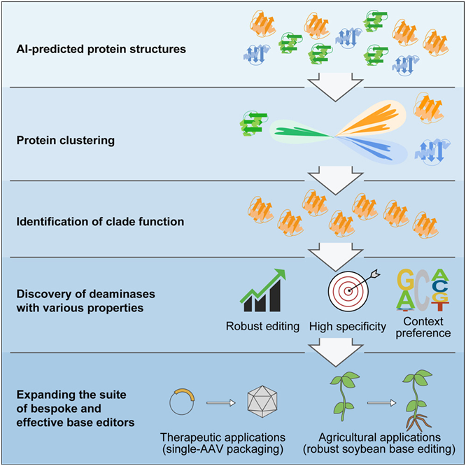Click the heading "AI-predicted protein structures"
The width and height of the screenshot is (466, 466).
[x=101, y=49]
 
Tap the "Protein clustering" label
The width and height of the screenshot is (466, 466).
[x=65, y=140]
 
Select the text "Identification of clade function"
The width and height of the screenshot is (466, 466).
[x=100, y=222]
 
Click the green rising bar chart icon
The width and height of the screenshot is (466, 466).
[x=262, y=290]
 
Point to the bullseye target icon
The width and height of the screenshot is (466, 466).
[x=348, y=291]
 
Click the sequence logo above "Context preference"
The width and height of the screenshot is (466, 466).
[x=423, y=290]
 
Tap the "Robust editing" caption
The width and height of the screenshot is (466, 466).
[x=262, y=326]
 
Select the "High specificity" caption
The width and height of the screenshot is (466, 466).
[x=348, y=326]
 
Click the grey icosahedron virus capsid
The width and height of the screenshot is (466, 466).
[x=262, y=402]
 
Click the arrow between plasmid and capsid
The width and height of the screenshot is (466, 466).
[x=221, y=403]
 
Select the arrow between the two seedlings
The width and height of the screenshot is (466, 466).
[x=381, y=403]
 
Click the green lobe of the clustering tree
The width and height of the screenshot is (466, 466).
[x=300, y=132]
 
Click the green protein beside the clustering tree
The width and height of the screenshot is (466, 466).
[x=253, y=123]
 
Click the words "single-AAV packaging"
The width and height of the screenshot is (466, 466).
[x=223, y=449]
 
